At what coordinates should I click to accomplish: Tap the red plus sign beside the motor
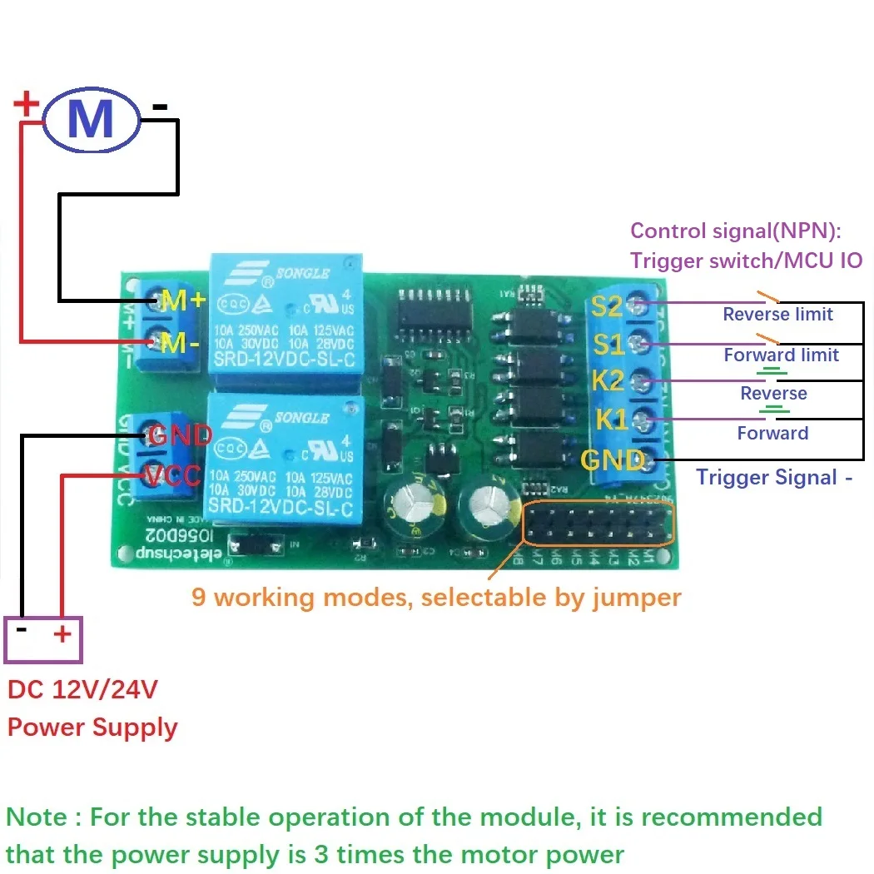(x=27, y=104)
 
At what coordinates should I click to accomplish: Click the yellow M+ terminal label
(x=183, y=301)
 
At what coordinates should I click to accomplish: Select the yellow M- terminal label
(x=180, y=342)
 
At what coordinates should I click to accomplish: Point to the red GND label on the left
(x=179, y=435)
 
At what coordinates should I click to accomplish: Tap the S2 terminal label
(x=607, y=306)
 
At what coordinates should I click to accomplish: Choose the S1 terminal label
(x=607, y=343)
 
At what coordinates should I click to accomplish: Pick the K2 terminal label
(x=608, y=381)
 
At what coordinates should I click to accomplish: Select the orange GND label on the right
(x=612, y=459)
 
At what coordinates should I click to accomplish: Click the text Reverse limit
(x=777, y=314)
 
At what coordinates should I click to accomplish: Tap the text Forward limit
(x=781, y=355)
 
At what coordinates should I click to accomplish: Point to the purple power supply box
(x=42, y=638)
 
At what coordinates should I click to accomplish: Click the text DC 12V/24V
(x=82, y=689)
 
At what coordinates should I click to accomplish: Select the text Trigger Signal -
(x=774, y=477)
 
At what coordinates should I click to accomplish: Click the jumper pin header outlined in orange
(x=598, y=524)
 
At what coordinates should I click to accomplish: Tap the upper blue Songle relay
(x=285, y=320)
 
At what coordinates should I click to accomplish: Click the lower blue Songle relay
(x=285, y=458)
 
